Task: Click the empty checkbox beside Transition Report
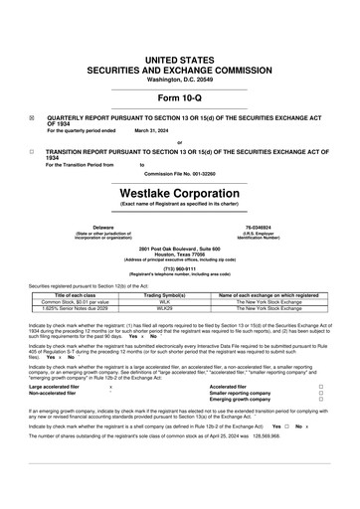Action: [x=33, y=152]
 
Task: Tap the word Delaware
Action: [x=75, y=227]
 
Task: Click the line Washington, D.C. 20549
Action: [x=179, y=80]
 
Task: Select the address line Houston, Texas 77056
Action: [x=179, y=253]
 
